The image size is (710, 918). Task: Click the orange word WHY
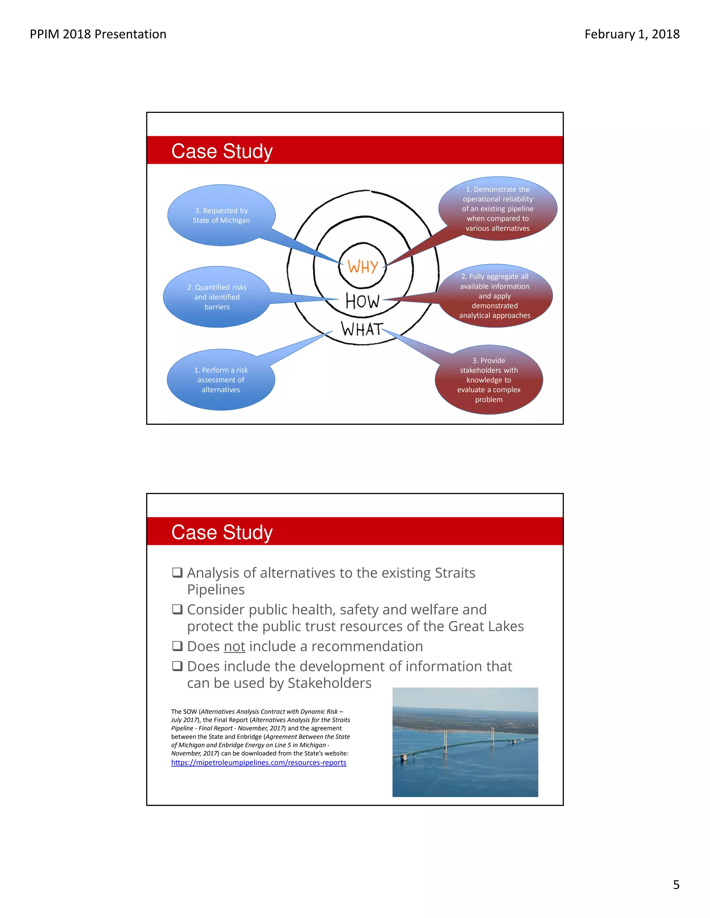tap(362, 266)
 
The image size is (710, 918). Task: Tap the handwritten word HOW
tap(362, 301)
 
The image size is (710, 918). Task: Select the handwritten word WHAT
tap(362, 329)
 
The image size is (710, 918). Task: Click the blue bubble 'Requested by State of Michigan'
tap(221, 215)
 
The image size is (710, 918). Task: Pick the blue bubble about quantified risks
tap(217, 297)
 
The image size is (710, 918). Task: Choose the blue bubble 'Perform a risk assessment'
tap(221, 380)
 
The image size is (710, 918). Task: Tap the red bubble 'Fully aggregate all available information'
tap(495, 296)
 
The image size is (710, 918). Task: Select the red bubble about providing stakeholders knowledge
tap(489, 380)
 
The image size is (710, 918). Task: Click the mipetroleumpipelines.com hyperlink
tap(259, 763)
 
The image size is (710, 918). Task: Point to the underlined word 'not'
tap(234, 646)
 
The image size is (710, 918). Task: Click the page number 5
tap(676, 885)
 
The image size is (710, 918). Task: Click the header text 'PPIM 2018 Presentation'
tap(98, 34)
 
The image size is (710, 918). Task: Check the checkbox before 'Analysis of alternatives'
tap(177, 573)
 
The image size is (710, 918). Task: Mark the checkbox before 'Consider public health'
tap(177, 609)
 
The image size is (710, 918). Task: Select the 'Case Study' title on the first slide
tap(222, 151)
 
